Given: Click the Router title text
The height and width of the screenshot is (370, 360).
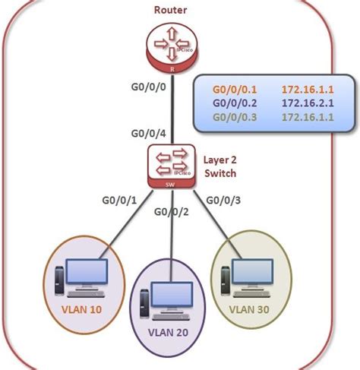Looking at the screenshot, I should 171,10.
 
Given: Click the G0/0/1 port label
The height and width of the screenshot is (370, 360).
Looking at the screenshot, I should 119,201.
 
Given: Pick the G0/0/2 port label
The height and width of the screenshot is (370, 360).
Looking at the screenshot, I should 173,212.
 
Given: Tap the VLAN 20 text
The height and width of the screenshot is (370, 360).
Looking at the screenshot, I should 169,331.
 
